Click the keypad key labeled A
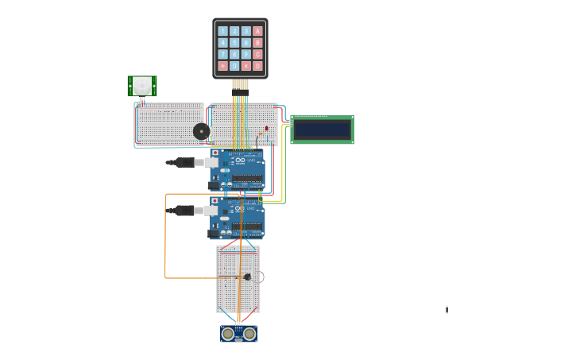257,32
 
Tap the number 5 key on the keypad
234,43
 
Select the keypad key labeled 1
223,32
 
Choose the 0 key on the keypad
234,66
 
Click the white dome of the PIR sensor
142,84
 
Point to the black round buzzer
202,131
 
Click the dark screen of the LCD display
322,130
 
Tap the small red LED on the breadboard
267,128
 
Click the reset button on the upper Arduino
215,153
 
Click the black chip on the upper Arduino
248,178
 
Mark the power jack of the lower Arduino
213,234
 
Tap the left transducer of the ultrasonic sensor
229,334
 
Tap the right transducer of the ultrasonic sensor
249,334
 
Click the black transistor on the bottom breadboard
247,277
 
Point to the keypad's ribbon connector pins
240,84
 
